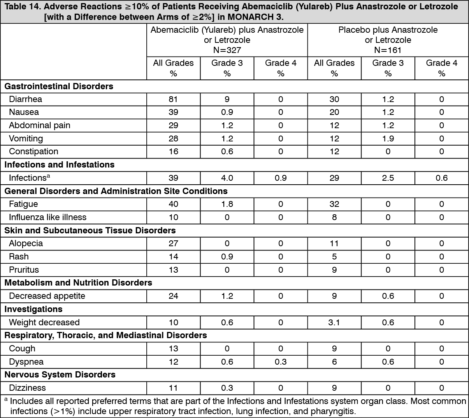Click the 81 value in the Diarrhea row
point(173,99)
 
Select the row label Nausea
point(24,112)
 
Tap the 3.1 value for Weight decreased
point(334,323)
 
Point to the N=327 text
point(227,50)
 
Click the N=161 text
point(388,50)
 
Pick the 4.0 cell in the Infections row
point(227,178)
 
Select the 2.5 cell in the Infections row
point(388,178)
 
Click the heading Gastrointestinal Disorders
point(59,86)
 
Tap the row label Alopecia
point(26,243)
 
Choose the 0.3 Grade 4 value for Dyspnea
point(281,362)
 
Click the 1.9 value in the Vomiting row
point(388,139)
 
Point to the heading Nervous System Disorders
point(60,375)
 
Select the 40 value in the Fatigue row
point(173,204)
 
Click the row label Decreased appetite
point(47,296)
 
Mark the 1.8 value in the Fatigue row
point(227,204)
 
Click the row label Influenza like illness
point(47,217)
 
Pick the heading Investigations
point(33,309)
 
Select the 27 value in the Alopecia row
point(173,243)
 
